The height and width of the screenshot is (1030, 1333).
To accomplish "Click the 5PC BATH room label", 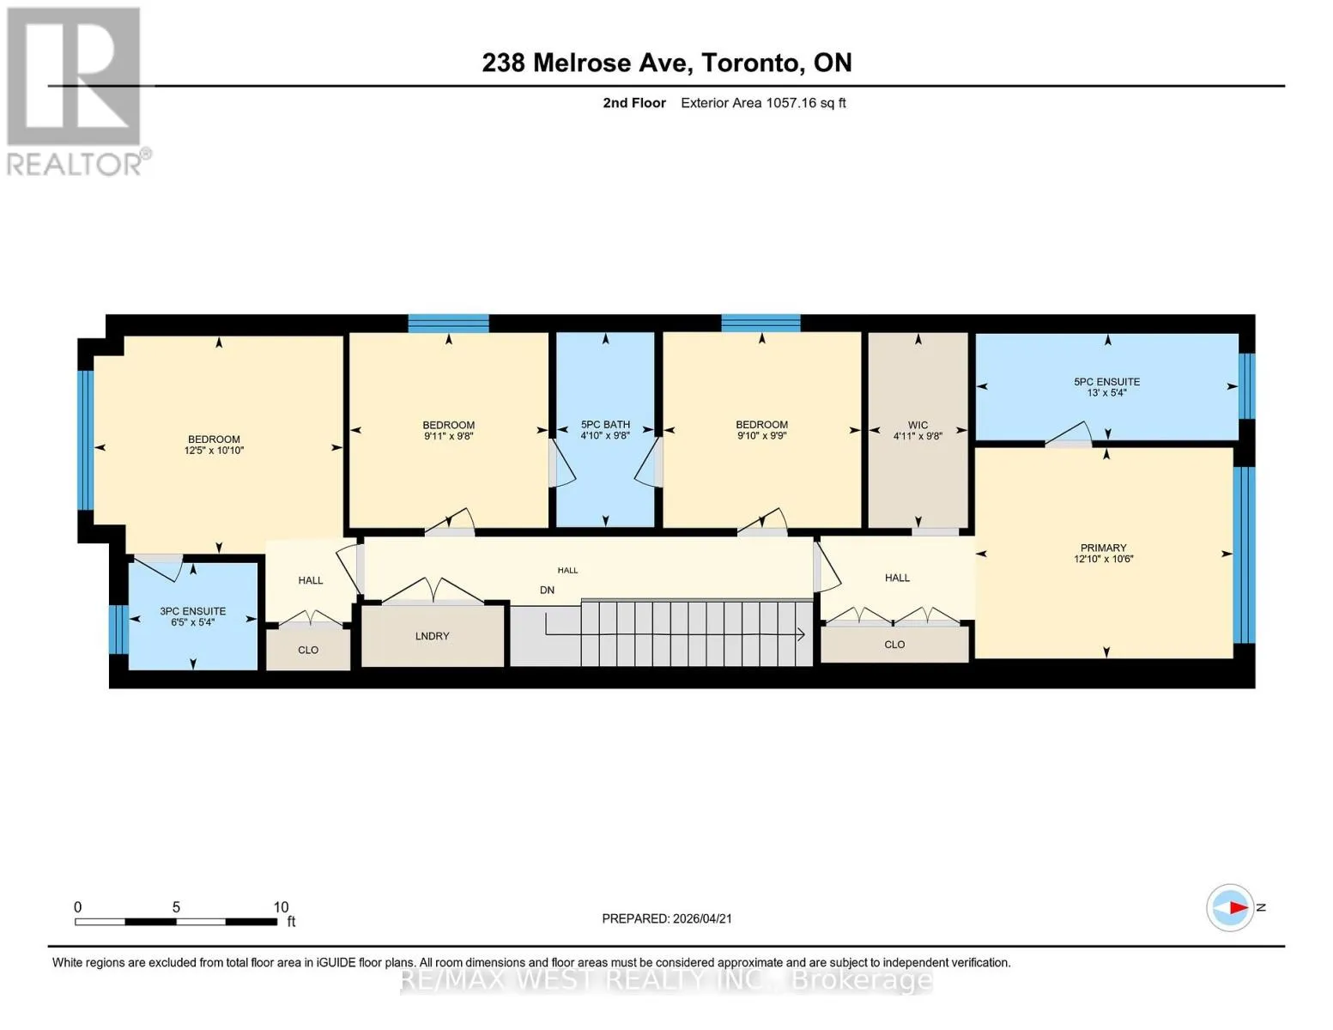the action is point(605,425).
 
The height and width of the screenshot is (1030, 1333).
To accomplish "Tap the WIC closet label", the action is point(917,425).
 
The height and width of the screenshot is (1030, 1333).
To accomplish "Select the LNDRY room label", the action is point(432,636).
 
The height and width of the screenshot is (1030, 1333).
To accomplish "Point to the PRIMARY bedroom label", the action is point(1103,548).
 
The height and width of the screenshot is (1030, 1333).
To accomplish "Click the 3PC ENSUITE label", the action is point(192,611).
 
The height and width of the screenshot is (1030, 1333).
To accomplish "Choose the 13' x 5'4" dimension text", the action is point(1106,392).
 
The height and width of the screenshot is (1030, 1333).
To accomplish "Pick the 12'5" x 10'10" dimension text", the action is point(214,451).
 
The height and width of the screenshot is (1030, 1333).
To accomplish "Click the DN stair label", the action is point(547,591).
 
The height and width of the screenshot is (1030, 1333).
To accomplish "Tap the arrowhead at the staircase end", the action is point(801,634).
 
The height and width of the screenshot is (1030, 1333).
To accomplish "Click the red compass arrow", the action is point(1239,907).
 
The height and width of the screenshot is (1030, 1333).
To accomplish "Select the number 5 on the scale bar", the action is point(176,906).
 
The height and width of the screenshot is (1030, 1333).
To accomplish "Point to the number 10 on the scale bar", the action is point(281,906).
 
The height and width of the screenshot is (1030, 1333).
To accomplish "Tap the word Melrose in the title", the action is point(582,63).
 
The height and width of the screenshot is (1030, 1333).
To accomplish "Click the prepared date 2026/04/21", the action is point(702,918).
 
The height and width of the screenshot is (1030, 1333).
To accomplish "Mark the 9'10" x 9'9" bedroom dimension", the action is point(761,435).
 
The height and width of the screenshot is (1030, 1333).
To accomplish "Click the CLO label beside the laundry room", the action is point(308,650).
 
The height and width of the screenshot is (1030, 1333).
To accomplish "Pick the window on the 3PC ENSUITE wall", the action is point(118,629).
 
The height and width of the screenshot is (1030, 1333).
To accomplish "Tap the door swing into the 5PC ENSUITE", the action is point(1069,433).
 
